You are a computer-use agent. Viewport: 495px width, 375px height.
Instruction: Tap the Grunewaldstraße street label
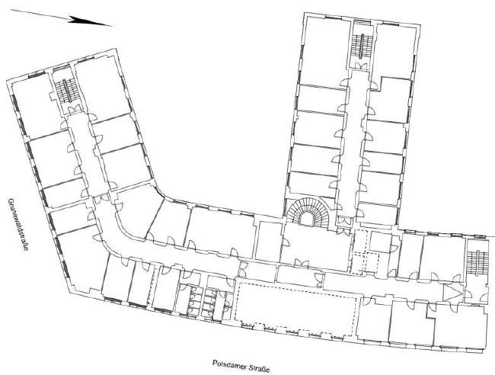(18, 224)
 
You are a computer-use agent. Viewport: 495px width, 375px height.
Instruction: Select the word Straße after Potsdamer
(259, 369)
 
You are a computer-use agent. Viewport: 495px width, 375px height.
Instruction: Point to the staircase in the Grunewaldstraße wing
(66, 91)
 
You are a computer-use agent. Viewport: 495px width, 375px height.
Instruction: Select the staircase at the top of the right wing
(362, 46)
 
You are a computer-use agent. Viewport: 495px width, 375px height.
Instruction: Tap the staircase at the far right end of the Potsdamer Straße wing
(477, 263)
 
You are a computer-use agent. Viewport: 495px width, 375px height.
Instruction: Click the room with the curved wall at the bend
(138, 210)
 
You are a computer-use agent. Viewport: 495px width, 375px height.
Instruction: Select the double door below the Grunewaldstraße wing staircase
(74, 109)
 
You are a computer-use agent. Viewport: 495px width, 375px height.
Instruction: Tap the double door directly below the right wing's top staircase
(361, 66)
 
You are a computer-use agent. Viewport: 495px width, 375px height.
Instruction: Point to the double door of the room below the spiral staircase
(302, 263)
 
